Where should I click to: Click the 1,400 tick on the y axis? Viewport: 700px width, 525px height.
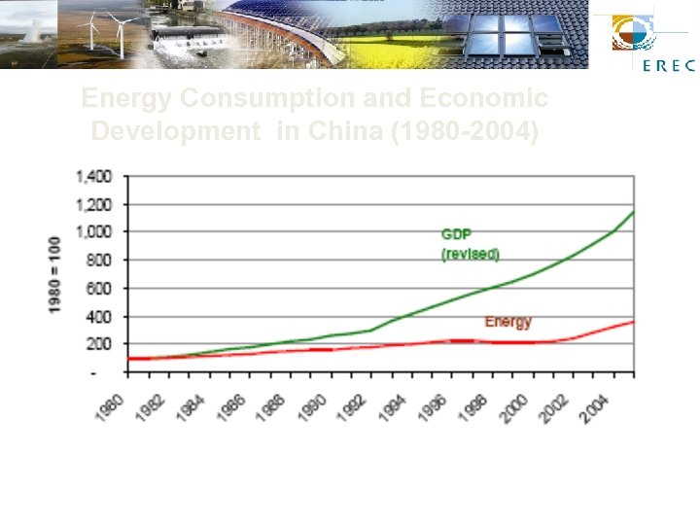(94, 176)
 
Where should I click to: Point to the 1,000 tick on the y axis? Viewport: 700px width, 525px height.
(94, 232)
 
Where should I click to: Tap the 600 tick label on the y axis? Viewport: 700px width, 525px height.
(100, 289)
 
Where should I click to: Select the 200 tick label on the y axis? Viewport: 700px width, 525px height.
(100, 344)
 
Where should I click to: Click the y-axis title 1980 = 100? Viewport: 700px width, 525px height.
(55, 274)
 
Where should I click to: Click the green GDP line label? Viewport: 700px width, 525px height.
(457, 234)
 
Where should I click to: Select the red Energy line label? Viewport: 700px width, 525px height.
(507, 321)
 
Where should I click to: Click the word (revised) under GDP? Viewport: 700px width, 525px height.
(471, 254)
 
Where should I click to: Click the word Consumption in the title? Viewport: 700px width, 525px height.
(290, 99)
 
